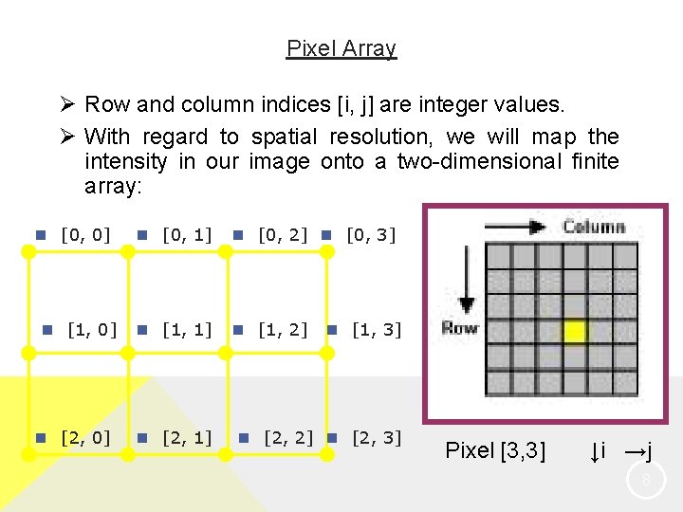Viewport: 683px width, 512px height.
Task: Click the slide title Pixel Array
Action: pyautogui.click(x=341, y=48)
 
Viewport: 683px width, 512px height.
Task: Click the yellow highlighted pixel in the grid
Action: pyautogui.click(x=575, y=332)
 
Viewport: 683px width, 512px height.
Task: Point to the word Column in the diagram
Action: pyautogui.click(x=594, y=227)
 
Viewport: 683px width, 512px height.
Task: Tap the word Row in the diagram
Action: pyautogui.click(x=459, y=328)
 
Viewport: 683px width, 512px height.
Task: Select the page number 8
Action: pyautogui.click(x=646, y=482)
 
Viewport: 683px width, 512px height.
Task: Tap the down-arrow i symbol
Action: pyautogui.click(x=598, y=451)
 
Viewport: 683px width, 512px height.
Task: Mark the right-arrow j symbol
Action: pyautogui.click(x=639, y=451)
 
